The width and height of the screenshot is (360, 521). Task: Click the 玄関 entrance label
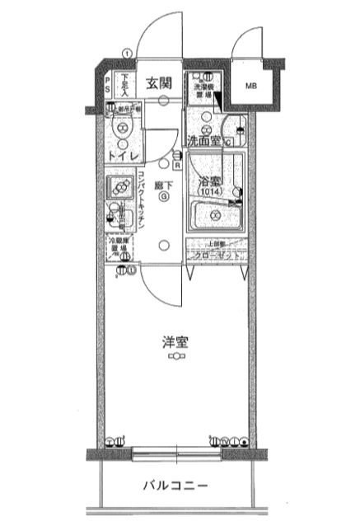pos(159,82)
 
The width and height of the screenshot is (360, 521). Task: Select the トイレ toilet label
pos(121,154)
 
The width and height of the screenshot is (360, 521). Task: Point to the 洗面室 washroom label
pos(203,140)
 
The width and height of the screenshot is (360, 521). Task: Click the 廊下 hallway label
pos(165,186)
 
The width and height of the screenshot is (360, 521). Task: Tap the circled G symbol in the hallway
pos(165,198)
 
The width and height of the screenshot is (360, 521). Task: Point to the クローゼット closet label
pos(215,256)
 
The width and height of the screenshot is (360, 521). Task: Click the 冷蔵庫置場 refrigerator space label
pos(121,247)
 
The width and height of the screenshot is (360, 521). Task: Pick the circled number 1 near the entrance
pos(127,54)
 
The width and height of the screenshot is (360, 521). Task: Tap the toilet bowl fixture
pos(122,129)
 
